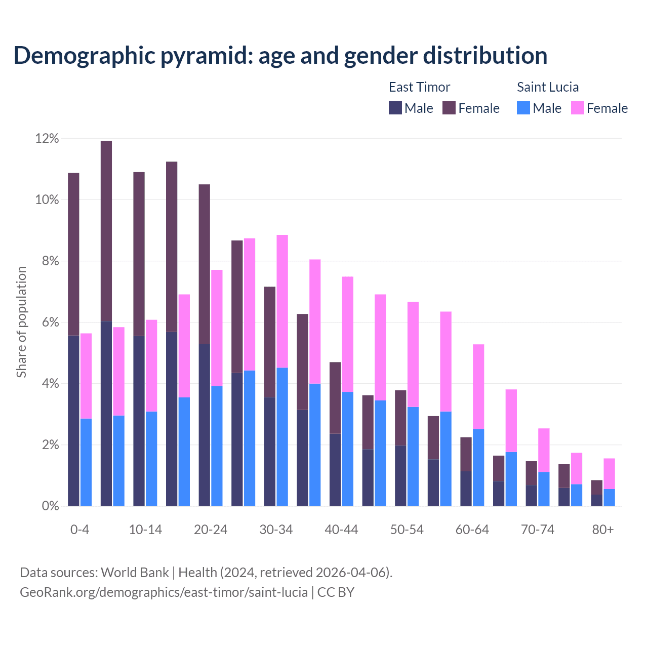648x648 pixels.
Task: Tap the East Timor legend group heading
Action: tap(419, 87)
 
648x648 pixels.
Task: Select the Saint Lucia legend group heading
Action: tap(547, 87)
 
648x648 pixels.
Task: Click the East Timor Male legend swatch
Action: tap(395, 108)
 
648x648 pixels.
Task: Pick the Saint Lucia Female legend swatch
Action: tap(577, 108)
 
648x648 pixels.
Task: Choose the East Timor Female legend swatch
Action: tap(449, 108)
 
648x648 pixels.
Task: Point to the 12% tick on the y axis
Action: tap(47, 138)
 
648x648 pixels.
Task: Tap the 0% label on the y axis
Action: tap(50, 506)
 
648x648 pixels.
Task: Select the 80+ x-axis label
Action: tap(602, 530)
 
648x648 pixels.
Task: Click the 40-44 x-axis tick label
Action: tap(341, 530)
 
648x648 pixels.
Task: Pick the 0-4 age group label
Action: tap(79, 530)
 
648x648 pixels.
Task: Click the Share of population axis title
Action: tap(21, 322)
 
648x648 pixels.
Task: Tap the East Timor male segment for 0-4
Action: tap(73, 420)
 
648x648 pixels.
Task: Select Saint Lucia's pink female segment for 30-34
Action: tap(282, 301)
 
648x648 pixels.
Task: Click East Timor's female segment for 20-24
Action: tap(205, 263)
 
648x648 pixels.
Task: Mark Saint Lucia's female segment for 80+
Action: tap(609, 473)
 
